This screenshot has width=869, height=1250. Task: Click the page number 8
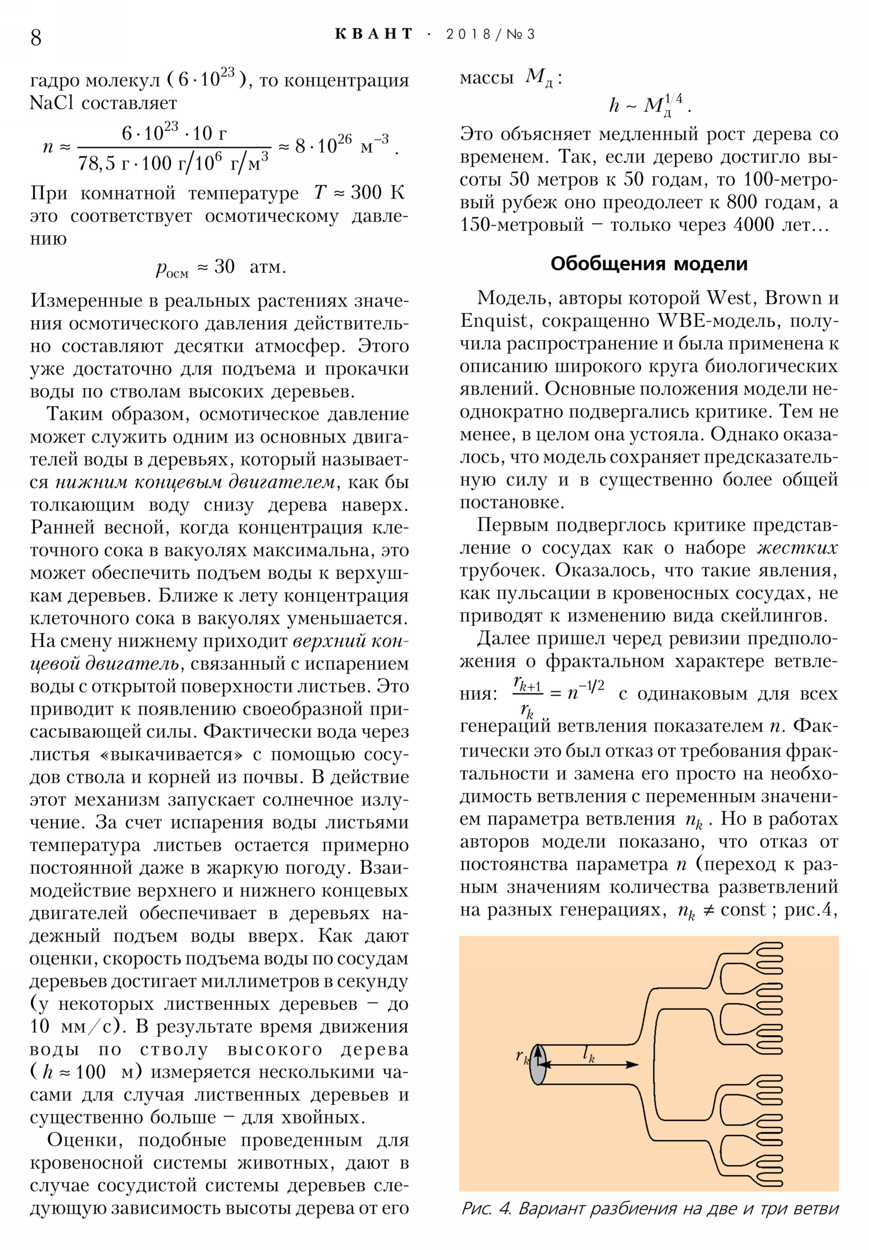[36, 37]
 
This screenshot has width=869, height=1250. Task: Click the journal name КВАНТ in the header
[374, 34]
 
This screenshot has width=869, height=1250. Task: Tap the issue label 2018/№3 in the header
[490, 34]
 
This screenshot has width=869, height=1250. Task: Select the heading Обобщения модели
[648, 264]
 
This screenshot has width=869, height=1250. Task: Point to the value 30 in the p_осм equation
[224, 267]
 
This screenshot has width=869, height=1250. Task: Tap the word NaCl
[51, 103]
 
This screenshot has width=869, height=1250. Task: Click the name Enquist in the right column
[494, 321]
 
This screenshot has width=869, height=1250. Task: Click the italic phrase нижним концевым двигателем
[195, 483]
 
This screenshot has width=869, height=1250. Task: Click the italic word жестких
[797, 548]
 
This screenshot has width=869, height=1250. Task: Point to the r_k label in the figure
[522, 1057]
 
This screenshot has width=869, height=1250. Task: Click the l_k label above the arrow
[589, 1054]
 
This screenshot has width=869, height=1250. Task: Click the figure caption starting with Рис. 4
[648, 1209]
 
